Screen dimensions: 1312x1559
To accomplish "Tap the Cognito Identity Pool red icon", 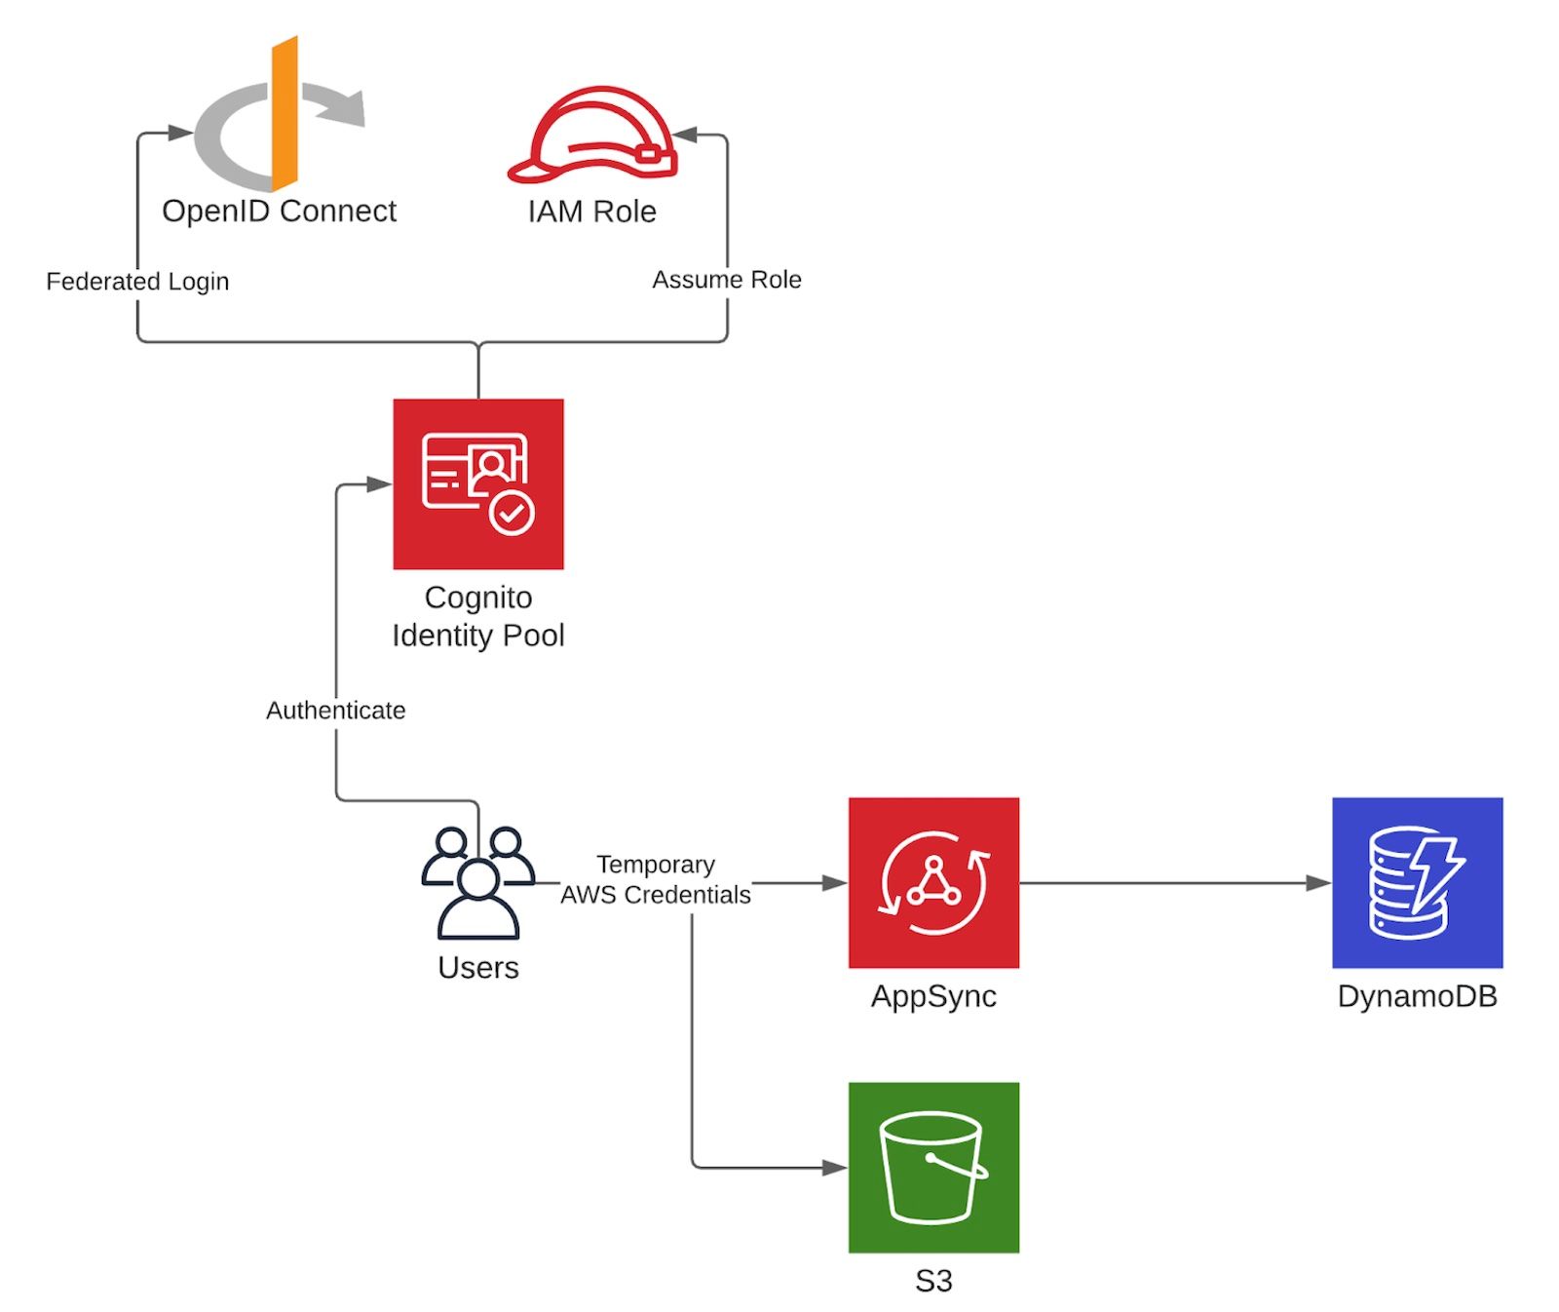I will pos(477,483).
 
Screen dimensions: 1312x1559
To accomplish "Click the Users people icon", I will pos(477,883).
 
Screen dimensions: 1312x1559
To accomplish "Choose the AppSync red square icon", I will pos(932,882).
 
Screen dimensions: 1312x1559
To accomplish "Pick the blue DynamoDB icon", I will pos(1416,882).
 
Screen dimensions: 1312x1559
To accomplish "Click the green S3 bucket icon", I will pos(932,1167).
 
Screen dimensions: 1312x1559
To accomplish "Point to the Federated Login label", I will pos(137,282).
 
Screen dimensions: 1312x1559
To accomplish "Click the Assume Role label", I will pos(726,280).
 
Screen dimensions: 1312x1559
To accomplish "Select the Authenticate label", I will pos(335,711).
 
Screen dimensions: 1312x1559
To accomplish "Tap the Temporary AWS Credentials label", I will pos(656,879).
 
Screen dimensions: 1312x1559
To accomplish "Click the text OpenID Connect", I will pos(279,211).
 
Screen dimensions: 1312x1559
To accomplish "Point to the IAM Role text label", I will pos(591,212).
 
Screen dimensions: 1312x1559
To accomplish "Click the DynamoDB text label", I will pos(1416,996).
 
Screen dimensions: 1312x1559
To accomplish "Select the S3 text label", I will pos(932,1281).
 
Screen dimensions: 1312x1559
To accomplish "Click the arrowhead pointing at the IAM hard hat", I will pos(685,135).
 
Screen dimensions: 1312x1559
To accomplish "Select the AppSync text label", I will pos(932,996).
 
